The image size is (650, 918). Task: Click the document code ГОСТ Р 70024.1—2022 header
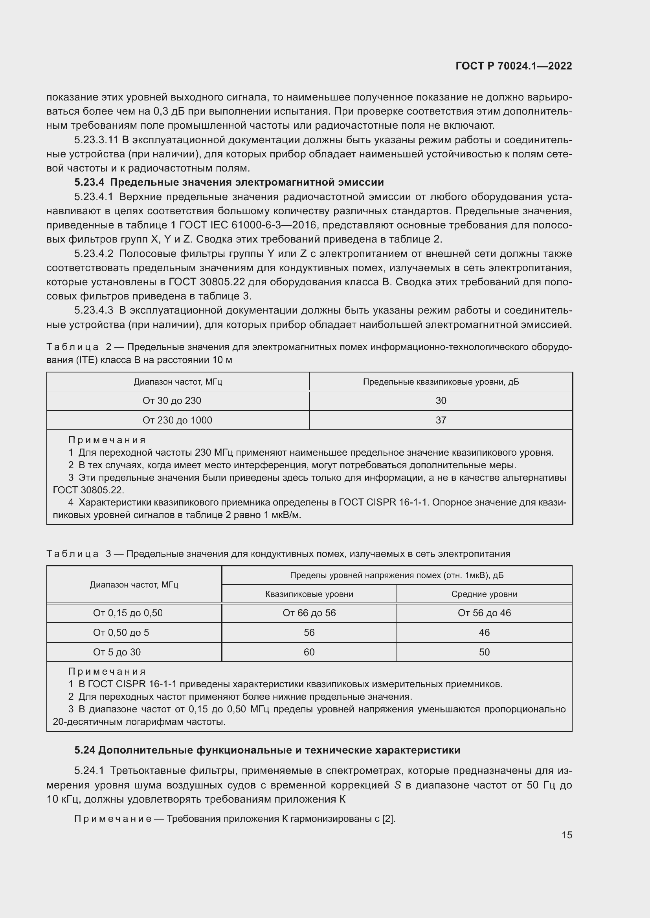(x=514, y=66)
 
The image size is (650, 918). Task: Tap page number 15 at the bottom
(x=567, y=835)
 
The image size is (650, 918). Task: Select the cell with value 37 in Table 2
(x=441, y=420)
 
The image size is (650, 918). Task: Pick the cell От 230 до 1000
(x=177, y=420)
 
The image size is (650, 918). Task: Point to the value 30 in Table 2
(x=441, y=401)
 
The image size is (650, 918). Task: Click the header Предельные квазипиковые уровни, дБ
(x=441, y=382)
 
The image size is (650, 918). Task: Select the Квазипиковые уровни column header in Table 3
(x=309, y=594)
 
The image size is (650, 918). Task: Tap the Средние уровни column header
(x=484, y=594)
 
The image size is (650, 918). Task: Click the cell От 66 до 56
(x=309, y=613)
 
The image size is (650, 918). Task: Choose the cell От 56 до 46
(x=484, y=613)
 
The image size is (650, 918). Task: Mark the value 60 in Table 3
(x=309, y=652)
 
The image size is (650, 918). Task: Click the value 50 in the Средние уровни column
(x=484, y=652)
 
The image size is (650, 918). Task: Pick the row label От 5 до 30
(x=117, y=652)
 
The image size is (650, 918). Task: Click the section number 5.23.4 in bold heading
(x=89, y=183)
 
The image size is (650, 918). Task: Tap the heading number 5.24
(x=84, y=750)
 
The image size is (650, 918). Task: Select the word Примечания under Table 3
(x=107, y=671)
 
